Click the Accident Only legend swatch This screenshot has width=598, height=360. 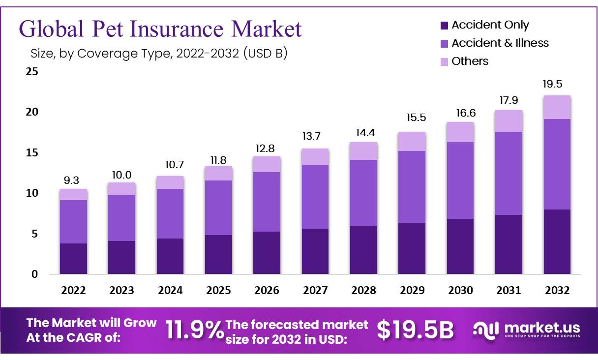point(444,25)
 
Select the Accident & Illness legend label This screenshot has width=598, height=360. point(500,43)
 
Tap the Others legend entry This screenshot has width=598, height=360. point(470,61)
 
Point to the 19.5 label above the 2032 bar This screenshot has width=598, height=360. point(557,85)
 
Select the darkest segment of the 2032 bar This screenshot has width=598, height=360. point(557,241)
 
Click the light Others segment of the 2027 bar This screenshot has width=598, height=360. point(315,157)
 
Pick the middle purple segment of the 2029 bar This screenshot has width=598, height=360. point(412,187)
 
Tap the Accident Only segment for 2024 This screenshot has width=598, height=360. point(170,256)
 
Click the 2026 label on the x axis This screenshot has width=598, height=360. point(266,291)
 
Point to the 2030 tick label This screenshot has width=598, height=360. point(460,291)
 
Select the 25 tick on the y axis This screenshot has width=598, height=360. point(31,72)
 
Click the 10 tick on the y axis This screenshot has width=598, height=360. point(31,193)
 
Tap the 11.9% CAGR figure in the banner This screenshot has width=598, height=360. point(194,330)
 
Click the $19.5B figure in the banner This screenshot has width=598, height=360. point(416,330)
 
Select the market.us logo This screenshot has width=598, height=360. point(527,329)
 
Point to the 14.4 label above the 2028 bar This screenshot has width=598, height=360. point(363,132)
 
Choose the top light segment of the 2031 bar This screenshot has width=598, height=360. point(508,121)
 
